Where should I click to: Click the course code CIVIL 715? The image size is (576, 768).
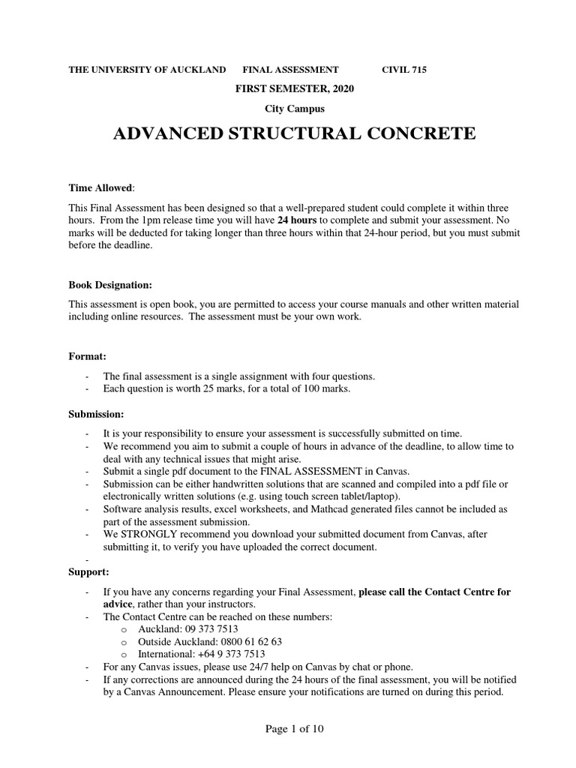pyautogui.click(x=403, y=70)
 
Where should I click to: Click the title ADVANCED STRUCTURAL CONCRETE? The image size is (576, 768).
pyautogui.click(x=293, y=133)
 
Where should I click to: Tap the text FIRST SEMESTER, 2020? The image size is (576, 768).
pyautogui.click(x=293, y=88)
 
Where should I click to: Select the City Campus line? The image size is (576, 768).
pyautogui.click(x=293, y=108)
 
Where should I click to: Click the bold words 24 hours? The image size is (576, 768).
pyautogui.click(x=298, y=220)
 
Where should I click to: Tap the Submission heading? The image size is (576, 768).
pyautogui.click(x=96, y=414)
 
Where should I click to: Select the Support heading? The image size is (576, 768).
pyautogui.click(x=88, y=572)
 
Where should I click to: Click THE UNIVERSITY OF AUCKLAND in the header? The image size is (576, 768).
pyautogui.click(x=147, y=70)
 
